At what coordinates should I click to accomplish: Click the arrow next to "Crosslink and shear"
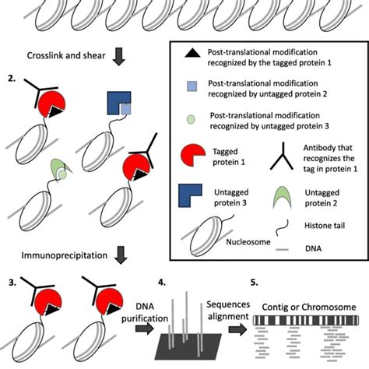118,57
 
